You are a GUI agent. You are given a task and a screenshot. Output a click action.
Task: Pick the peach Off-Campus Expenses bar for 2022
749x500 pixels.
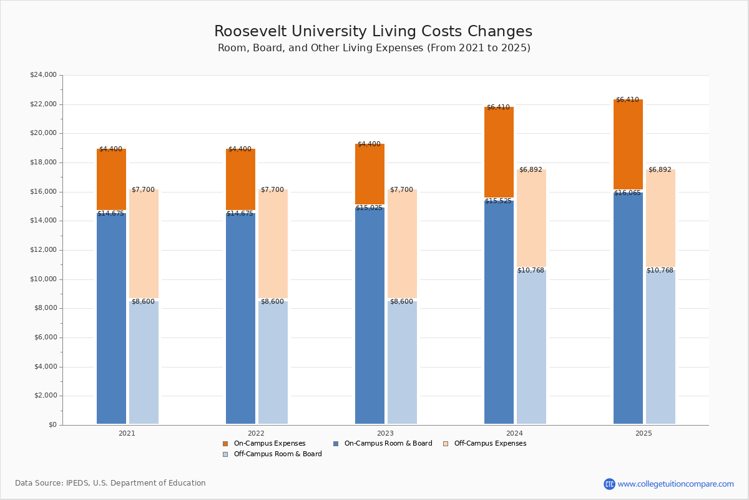[273, 244]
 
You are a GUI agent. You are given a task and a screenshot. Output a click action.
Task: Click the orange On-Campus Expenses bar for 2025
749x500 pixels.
[628, 144]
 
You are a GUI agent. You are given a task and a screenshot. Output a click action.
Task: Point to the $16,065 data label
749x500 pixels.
[627, 193]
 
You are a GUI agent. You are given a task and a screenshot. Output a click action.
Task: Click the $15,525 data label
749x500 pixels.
[498, 201]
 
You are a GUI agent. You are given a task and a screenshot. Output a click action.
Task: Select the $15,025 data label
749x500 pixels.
[369, 208]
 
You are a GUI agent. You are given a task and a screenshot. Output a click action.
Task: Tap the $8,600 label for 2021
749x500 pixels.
[143, 302]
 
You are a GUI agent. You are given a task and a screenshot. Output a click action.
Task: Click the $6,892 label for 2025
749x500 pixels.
[660, 170]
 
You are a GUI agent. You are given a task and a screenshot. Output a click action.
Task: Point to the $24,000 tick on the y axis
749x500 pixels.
[43, 75]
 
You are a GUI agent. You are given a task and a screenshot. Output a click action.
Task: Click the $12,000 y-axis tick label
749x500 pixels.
[43, 250]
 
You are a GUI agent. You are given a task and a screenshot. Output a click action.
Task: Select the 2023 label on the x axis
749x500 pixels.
[385, 433]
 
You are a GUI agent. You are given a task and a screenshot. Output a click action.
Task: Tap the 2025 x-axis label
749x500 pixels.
[644, 433]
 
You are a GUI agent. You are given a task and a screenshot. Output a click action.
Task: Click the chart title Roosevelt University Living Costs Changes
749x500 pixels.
[373, 32]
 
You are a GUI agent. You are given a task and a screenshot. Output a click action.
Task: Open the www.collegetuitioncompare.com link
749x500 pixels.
[675, 484]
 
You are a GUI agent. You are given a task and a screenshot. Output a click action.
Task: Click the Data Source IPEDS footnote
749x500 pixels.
[110, 483]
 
